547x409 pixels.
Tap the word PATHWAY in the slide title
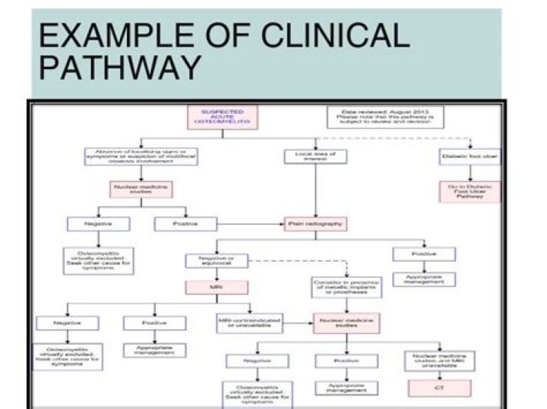(x=119, y=68)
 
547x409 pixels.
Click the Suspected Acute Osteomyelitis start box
(x=222, y=117)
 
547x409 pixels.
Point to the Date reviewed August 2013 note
(x=385, y=117)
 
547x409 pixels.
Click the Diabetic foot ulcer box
(x=470, y=157)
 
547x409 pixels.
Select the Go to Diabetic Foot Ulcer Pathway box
(x=470, y=191)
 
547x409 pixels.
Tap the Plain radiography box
(x=315, y=224)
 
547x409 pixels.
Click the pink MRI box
(x=217, y=288)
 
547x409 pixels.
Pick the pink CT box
(x=439, y=388)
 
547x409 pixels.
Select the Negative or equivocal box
(x=217, y=260)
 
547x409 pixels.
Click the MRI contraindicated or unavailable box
(x=249, y=323)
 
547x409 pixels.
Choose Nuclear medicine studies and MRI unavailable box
(x=439, y=360)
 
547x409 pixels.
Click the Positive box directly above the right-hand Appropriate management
(x=423, y=253)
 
